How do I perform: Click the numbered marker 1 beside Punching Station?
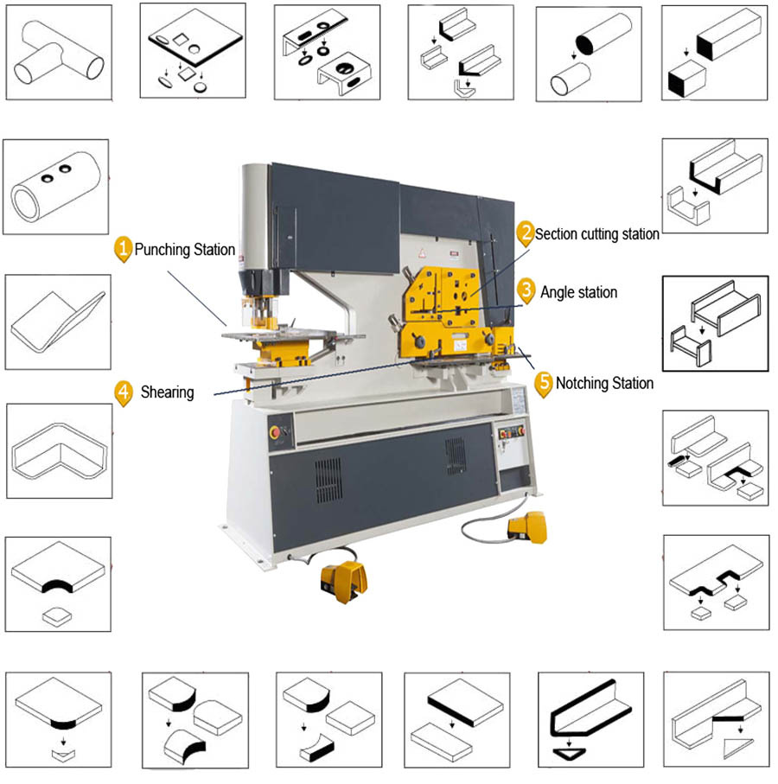click(x=123, y=249)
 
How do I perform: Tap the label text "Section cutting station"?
click(x=597, y=234)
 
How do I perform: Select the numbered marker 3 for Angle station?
click(x=526, y=290)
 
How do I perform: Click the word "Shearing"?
click(x=167, y=392)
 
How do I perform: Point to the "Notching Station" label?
click(x=604, y=383)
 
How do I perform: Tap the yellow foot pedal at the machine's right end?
click(x=527, y=527)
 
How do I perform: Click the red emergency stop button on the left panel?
click(x=275, y=432)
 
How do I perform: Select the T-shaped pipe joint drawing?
click(x=59, y=53)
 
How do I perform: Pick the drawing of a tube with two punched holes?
click(x=55, y=187)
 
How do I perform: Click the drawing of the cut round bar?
click(x=589, y=54)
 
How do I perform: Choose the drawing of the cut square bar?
click(x=715, y=53)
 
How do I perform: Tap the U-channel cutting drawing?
click(x=715, y=186)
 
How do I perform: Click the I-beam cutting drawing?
click(x=716, y=323)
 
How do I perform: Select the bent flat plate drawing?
click(x=58, y=322)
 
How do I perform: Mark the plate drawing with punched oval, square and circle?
click(x=193, y=50)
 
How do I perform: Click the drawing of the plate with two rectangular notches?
click(x=717, y=583)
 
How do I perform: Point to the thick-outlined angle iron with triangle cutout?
click(x=591, y=720)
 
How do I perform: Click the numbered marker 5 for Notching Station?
click(x=544, y=384)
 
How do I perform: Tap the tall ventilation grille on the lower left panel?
click(x=328, y=481)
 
